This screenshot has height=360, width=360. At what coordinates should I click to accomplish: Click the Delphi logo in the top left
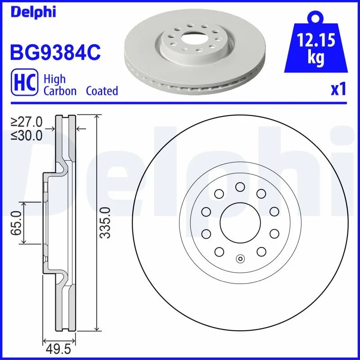click(x=32, y=12)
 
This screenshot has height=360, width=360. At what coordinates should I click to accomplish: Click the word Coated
click(x=102, y=91)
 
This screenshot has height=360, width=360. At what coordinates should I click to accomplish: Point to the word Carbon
click(x=60, y=91)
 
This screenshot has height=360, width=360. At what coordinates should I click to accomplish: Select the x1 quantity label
click(x=338, y=90)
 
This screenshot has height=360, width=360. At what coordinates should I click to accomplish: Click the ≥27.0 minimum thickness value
click(x=27, y=122)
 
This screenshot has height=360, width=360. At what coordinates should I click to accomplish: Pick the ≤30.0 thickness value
click(x=27, y=135)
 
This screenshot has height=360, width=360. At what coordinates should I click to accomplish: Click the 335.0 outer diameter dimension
click(x=105, y=223)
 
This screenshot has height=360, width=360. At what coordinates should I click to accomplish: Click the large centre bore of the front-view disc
click(x=240, y=223)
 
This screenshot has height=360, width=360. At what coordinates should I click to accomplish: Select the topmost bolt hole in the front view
click(x=240, y=186)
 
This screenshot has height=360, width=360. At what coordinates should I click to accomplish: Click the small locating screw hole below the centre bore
click(x=240, y=259)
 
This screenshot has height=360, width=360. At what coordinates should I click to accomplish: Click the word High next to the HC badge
click(x=54, y=79)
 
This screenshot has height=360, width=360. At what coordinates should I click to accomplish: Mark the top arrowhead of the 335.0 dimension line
click(x=97, y=117)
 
